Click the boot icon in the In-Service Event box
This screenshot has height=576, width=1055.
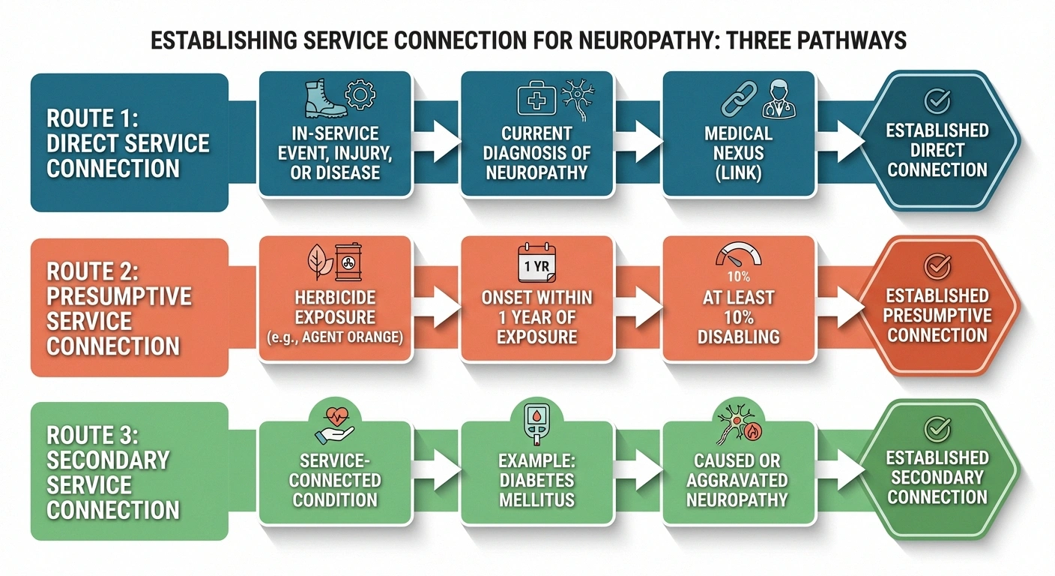coord(325,99)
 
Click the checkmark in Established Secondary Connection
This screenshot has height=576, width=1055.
coord(937,428)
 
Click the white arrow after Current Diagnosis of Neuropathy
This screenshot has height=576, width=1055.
coord(643,137)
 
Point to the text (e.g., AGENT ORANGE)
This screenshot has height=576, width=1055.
coord(334,337)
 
